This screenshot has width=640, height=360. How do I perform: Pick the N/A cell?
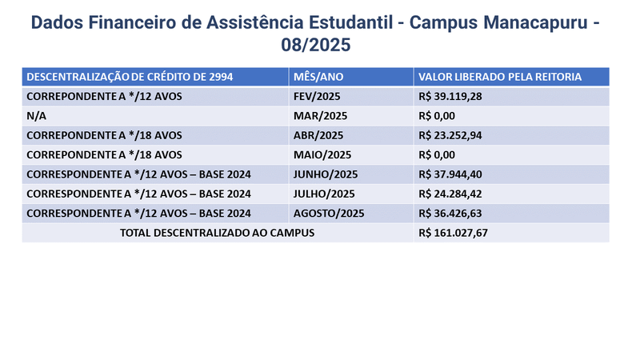click(x=37, y=116)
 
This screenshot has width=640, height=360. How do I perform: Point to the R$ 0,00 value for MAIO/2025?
click(x=437, y=154)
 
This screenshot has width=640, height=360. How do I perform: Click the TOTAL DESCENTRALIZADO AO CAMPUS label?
click(x=217, y=232)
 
